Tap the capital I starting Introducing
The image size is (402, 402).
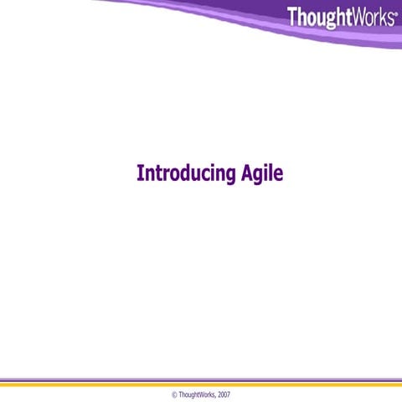tap(139, 173)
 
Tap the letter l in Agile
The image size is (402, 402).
tap(276, 172)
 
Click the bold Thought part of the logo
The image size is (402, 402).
tap(319, 18)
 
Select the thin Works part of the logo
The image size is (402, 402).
tap(372, 17)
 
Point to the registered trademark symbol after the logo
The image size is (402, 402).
tap(395, 13)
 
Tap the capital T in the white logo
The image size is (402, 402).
tap(292, 17)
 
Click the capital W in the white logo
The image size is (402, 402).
tap(358, 17)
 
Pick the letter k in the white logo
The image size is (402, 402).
tap(383, 17)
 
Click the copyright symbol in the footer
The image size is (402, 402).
tap(174, 393)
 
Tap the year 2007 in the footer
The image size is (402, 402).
tap(224, 393)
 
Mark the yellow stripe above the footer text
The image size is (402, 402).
tap(201, 384)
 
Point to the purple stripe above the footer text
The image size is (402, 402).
tap(201, 379)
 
